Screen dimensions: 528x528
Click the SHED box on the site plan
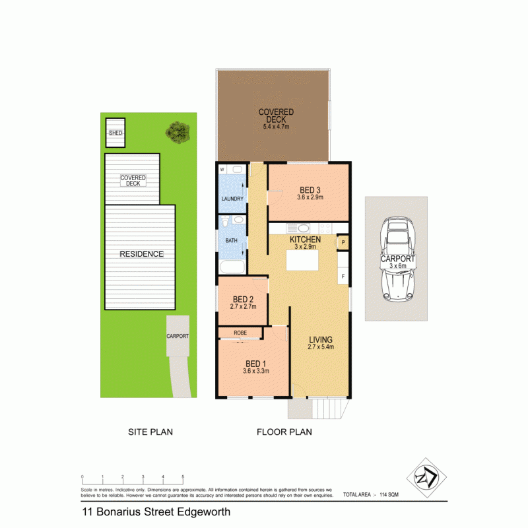tap(115, 133)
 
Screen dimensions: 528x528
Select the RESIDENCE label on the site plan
tap(141, 254)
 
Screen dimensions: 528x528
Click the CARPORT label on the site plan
tap(178, 336)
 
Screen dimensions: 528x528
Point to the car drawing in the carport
tap(397, 260)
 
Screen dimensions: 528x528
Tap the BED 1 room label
tap(256, 364)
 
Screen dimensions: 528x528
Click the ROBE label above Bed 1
tap(240, 333)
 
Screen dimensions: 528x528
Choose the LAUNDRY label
tap(232, 199)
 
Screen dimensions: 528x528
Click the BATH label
tap(231, 241)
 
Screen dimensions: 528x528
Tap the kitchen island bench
tap(302, 261)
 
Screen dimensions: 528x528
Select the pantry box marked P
tap(343, 243)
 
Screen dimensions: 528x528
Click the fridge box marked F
tap(343, 276)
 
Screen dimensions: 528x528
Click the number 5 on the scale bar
tap(183, 477)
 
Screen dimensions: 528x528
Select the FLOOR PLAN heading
tap(284, 433)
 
